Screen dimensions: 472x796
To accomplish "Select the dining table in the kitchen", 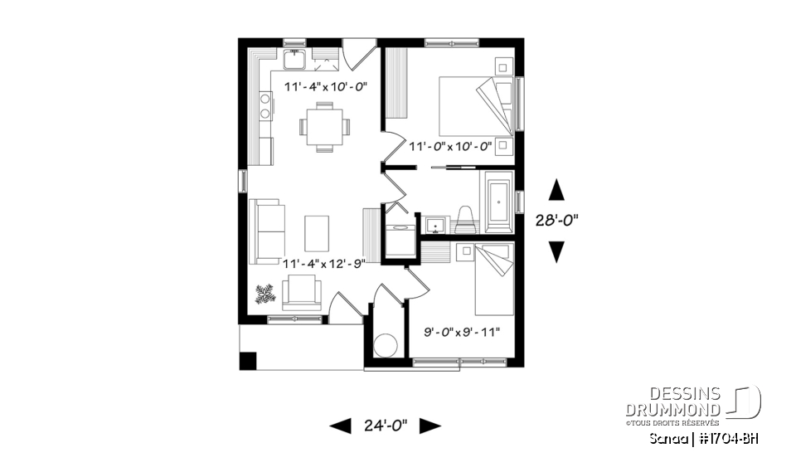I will click(324, 127).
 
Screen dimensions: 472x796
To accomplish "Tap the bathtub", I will click(499, 202).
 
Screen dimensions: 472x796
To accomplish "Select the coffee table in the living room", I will click(317, 232).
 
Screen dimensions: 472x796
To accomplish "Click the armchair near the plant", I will click(302, 293).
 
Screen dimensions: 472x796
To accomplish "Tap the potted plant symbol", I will click(265, 293).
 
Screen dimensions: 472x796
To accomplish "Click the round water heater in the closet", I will click(386, 343).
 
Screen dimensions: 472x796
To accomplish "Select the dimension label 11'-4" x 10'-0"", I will click(325, 86).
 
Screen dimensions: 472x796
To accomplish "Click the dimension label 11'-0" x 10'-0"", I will click(451, 146).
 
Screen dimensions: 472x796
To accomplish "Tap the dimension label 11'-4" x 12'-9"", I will click(324, 263).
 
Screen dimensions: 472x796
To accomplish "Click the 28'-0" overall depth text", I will click(557, 221).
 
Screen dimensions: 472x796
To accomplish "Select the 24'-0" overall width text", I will click(386, 426).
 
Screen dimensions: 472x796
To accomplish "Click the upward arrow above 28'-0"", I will click(557, 190).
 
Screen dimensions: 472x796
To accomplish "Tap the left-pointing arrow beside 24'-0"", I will click(340, 426).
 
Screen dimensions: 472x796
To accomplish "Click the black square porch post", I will click(248, 361).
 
